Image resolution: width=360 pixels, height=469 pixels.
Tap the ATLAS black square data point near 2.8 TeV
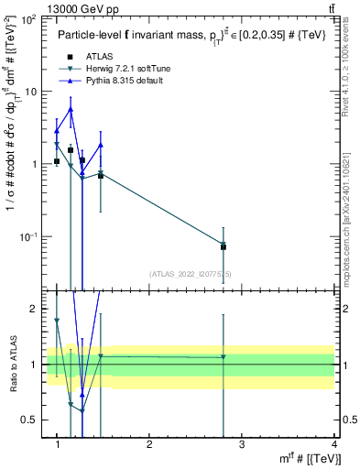pos(224,246)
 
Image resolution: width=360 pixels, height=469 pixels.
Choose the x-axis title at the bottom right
pos(310,457)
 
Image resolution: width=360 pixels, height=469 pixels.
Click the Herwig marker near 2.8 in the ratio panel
pos(224,357)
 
